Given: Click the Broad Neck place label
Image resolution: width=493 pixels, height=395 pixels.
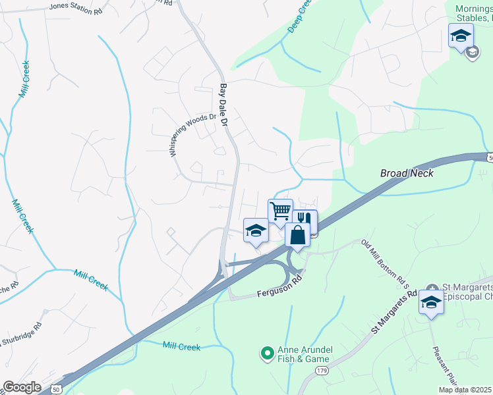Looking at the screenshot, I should tap(407, 173).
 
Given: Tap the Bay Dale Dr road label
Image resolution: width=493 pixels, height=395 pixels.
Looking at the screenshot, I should tap(223, 105).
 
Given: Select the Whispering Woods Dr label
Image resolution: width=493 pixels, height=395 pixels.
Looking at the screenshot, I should tap(192, 134).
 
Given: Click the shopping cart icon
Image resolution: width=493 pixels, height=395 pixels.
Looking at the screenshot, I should tap(280, 211).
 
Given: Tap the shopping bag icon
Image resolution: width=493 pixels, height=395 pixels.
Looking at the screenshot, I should tap(298, 234).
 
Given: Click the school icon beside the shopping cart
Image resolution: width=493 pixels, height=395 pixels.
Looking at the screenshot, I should tap(256, 230).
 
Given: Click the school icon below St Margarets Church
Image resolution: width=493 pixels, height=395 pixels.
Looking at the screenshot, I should tap(431, 302).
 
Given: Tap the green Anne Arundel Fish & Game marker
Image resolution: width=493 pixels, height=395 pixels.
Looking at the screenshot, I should tap(267, 354).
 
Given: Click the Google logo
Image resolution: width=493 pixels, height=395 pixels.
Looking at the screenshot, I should tap(22, 387).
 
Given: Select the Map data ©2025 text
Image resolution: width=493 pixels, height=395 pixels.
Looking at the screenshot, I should tap(465, 390).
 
